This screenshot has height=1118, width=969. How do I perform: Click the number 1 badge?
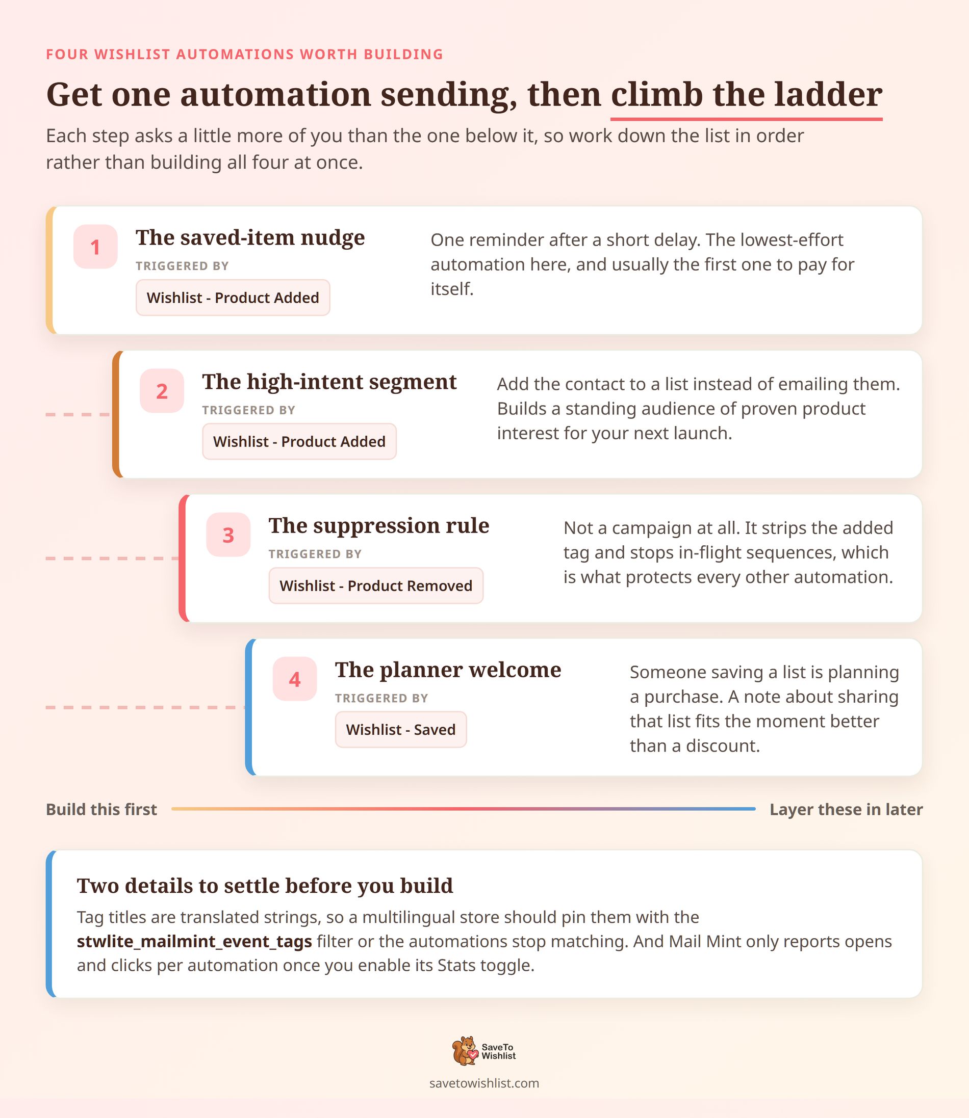95,247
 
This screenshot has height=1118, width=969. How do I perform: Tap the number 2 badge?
162,391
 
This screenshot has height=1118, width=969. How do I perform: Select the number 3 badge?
228,535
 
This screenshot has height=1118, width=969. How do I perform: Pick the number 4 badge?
295,679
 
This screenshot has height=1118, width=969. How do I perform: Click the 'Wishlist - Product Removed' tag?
376,585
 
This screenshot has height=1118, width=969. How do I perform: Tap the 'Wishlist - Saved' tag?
401,730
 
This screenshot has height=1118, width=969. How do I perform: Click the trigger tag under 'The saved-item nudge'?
233,297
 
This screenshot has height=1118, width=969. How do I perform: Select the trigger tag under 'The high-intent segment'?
299,441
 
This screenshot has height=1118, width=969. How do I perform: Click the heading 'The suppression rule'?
379,525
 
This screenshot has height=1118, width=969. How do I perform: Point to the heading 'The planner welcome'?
448,670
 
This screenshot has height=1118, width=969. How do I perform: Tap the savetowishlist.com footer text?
484,1083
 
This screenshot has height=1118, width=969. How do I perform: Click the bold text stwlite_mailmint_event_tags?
194,941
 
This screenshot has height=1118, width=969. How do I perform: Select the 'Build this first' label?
101,810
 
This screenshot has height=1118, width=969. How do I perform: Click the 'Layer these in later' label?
846,810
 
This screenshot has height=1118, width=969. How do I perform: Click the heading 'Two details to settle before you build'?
265,886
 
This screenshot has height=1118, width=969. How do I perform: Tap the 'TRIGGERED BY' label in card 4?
381,698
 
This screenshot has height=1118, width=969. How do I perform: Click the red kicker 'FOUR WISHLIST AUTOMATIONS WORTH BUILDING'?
244,54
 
